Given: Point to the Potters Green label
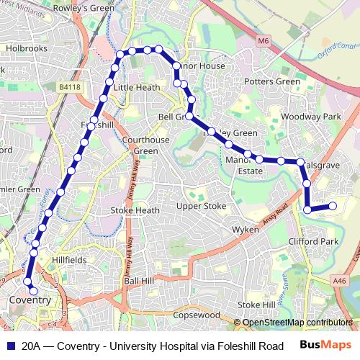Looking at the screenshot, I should [272, 81].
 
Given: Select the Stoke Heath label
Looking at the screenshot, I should [135, 210].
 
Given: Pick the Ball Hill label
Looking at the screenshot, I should [139, 279].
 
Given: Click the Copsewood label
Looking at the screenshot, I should [196, 315].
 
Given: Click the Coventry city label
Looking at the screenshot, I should [30, 300].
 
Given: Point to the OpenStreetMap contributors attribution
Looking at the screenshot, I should [297, 323].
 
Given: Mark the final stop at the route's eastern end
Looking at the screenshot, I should [333, 206].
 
